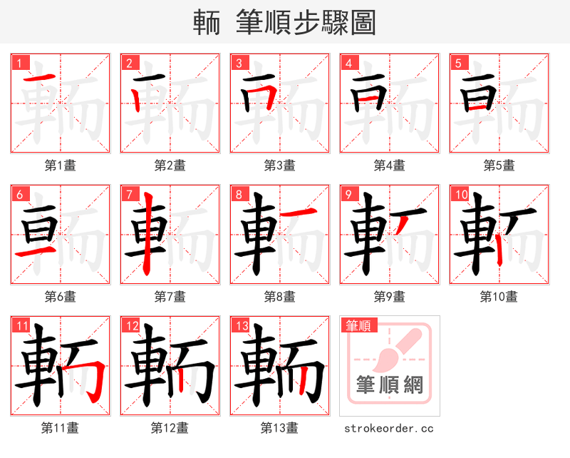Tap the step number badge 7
click(x=129, y=194)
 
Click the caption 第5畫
click(x=499, y=166)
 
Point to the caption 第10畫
click(x=499, y=297)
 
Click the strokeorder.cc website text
click(x=388, y=429)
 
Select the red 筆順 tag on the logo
click(x=358, y=326)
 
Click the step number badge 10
click(x=460, y=194)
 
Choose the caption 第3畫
click(x=279, y=166)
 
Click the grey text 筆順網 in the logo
click(x=389, y=385)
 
